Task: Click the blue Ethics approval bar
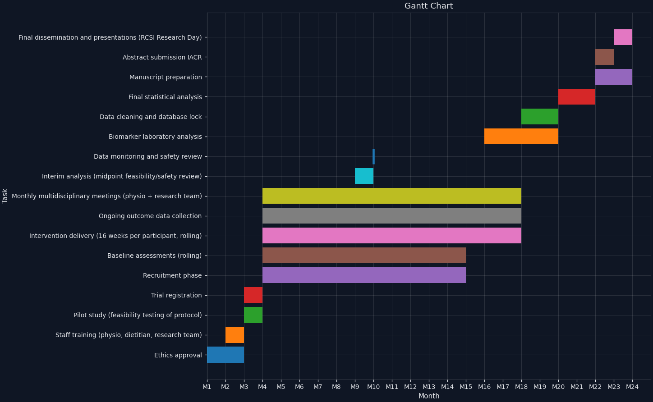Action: (225, 355)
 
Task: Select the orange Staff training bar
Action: (235, 335)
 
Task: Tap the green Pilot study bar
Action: (253, 315)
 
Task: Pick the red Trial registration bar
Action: (253, 295)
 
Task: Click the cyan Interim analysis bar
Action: (364, 176)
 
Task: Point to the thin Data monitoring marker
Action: (373, 156)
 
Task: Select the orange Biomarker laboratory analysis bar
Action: (521, 137)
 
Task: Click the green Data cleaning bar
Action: (540, 117)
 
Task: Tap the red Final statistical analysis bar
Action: (577, 97)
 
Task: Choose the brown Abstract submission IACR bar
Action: (604, 57)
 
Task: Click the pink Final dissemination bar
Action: (623, 37)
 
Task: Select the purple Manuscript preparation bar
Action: (614, 77)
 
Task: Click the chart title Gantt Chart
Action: (428, 6)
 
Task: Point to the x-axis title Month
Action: (428, 396)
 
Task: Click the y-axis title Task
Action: (5, 196)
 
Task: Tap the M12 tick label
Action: (410, 387)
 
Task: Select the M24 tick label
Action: (632, 387)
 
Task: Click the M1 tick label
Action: (207, 387)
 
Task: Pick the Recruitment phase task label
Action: (172, 275)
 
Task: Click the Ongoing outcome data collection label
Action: (150, 216)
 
